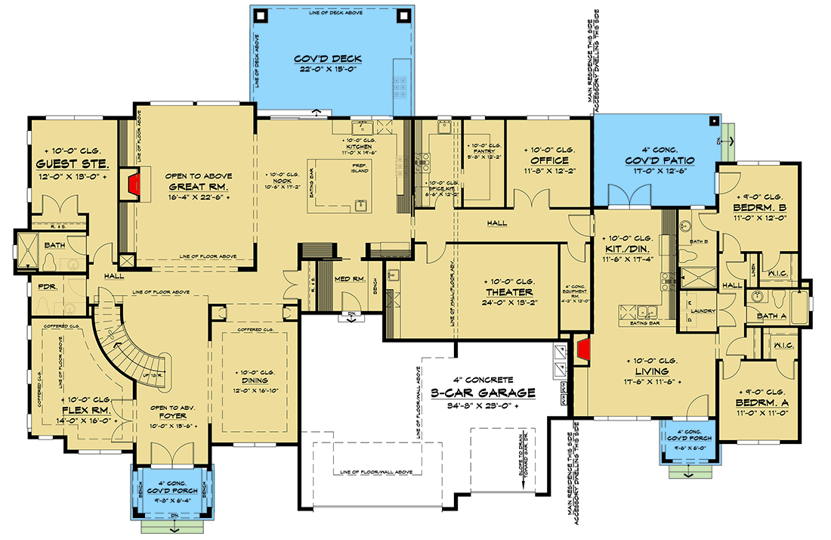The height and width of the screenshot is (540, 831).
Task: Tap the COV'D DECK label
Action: tap(329, 60)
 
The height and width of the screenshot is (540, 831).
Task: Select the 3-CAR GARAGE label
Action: tap(494, 393)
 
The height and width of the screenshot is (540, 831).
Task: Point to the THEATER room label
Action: tap(510, 292)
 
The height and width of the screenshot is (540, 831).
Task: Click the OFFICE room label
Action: tap(549, 161)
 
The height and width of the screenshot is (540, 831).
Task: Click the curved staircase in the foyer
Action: tap(128, 344)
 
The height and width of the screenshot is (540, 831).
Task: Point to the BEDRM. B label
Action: tap(761, 206)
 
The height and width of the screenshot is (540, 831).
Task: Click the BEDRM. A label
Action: tap(761, 403)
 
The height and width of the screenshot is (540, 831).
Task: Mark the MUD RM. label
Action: tap(349, 279)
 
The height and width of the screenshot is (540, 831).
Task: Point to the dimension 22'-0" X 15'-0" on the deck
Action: tap(329, 71)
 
